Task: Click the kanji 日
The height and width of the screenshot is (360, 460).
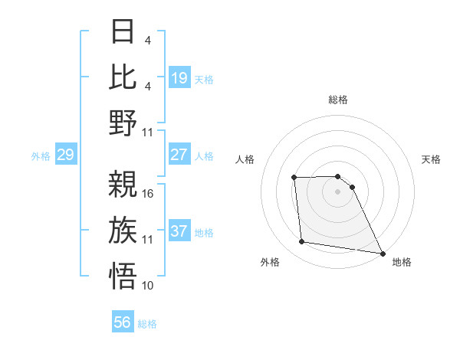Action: (x=123, y=33)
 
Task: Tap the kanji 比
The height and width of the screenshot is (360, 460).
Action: (x=123, y=77)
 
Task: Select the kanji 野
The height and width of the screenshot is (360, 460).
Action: (x=123, y=123)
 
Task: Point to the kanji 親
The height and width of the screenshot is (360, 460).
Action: (x=123, y=184)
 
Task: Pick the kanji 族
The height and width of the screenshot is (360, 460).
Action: (x=123, y=230)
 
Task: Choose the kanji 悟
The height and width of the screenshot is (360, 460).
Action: (x=123, y=275)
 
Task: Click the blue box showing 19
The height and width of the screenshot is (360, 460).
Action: (x=179, y=78)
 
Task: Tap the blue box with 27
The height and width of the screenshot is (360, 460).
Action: (x=179, y=155)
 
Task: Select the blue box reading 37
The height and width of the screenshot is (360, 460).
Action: (x=179, y=231)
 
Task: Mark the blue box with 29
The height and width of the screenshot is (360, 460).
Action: (x=65, y=155)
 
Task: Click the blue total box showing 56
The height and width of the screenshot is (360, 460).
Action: (x=123, y=322)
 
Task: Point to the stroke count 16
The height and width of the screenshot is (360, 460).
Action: (x=148, y=194)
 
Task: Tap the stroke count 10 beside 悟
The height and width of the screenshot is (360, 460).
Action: (x=148, y=286)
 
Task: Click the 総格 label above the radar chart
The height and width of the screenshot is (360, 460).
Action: (x=338, y=100)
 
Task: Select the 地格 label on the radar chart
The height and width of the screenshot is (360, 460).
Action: (x=402, y=262)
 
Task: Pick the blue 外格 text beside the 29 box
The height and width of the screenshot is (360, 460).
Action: (x=41, y=156)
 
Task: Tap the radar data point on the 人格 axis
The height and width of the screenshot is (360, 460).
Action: (x=294, y=178)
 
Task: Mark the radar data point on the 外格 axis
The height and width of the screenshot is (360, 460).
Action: (x=302, y=243)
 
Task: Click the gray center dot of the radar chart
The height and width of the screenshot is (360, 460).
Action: (x=338, y=191)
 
